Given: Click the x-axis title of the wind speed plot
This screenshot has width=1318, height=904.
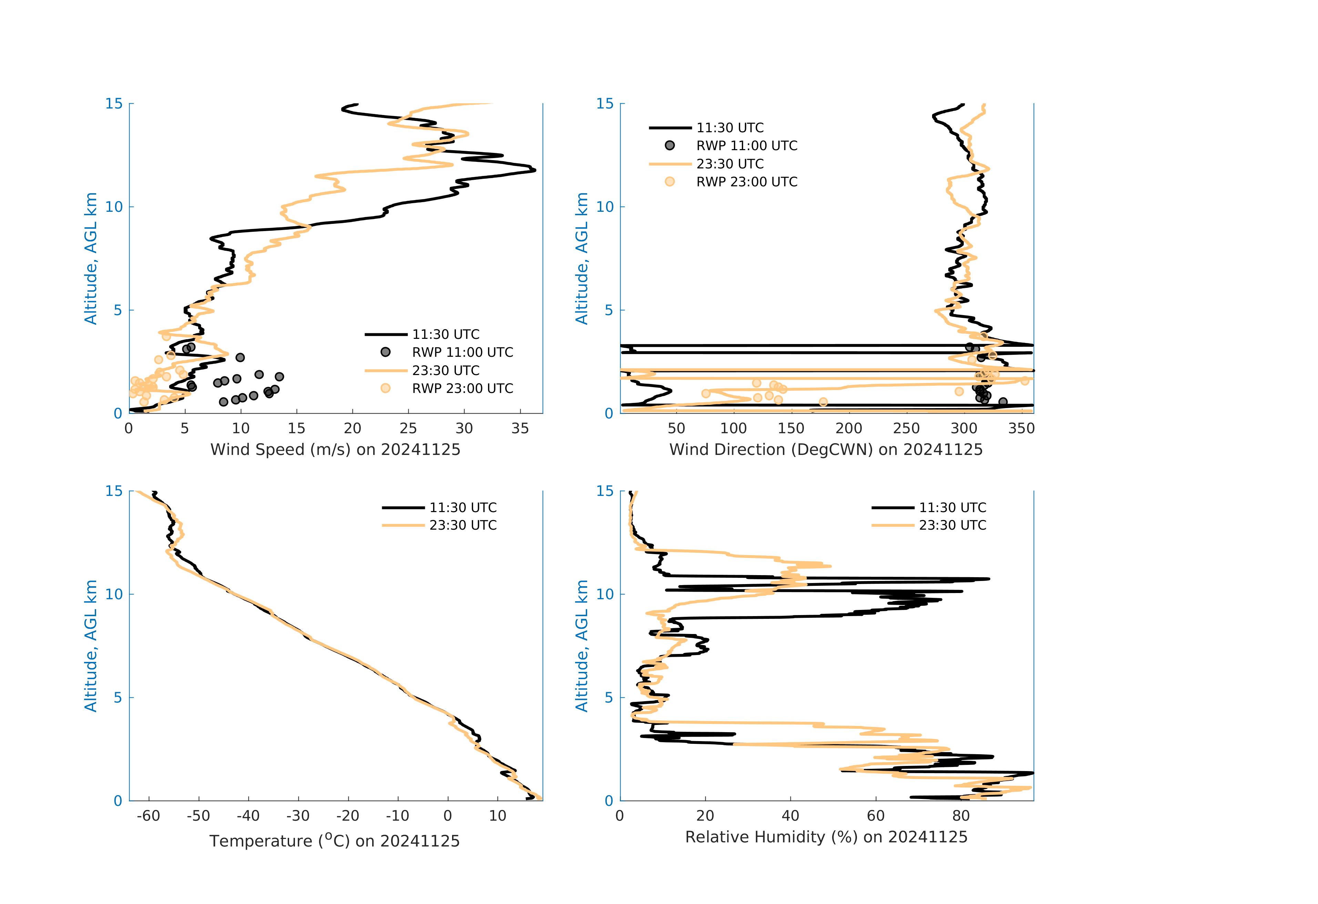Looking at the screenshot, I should pos(335,449).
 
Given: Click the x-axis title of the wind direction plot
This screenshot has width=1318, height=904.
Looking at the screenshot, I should pos(826,449).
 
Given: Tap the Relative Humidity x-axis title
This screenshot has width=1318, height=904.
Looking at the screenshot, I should pos(826,837).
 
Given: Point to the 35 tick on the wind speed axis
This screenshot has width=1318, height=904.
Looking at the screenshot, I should pos(520,428).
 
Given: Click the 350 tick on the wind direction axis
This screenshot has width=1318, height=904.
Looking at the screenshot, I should pos(1021,428).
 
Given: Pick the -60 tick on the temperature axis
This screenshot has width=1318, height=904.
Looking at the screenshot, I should pos(149,816).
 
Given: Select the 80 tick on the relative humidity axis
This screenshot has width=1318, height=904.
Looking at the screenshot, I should pos(961,816).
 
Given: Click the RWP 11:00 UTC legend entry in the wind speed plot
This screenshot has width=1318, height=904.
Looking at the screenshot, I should pos(462,353).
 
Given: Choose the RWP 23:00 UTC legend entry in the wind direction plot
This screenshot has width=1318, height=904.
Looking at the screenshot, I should pos(746,182).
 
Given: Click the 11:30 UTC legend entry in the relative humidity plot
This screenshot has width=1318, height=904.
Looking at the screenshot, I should pos(952,508).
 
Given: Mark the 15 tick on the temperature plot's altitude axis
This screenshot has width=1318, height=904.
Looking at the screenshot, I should pos(114,491).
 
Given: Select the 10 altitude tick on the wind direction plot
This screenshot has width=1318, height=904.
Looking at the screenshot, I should pos(605,207).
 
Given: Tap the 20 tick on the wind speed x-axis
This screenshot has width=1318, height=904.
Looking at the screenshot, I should pos(352,428).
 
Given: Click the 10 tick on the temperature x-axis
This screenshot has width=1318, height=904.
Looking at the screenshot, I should pos(497,816).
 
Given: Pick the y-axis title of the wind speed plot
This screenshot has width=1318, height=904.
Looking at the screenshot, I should pos(91,258).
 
